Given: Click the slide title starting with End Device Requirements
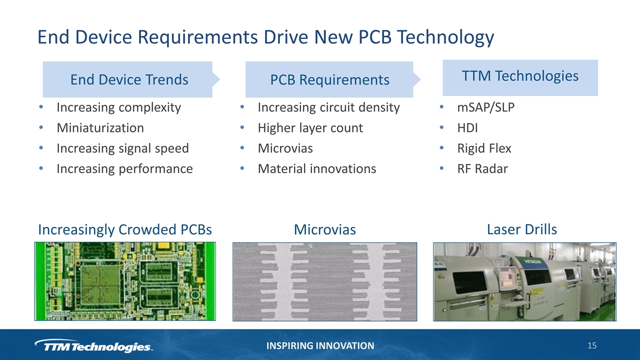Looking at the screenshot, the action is [265, 37].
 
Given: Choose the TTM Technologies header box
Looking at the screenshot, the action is [520, 77].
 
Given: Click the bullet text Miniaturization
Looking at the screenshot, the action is [100, 127].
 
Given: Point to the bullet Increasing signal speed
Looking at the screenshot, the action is [123, 148].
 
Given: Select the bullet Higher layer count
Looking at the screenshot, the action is [310, 127].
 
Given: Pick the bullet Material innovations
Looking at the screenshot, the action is [317, 168].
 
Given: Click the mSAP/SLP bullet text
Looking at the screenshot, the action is [485, 107].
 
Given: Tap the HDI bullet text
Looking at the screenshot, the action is [467, 127].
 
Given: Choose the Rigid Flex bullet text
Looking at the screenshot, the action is [484, 148].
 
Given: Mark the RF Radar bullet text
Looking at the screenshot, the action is [482, 168].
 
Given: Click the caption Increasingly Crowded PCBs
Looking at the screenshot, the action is [125, 229].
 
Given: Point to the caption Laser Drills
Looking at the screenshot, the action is [521, 229].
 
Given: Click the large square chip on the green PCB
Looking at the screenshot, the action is [100, 285].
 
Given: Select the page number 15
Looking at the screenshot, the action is [592, 345].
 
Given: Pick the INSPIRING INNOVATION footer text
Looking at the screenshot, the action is [320, 345].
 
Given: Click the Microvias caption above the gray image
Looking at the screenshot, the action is [325, 229].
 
